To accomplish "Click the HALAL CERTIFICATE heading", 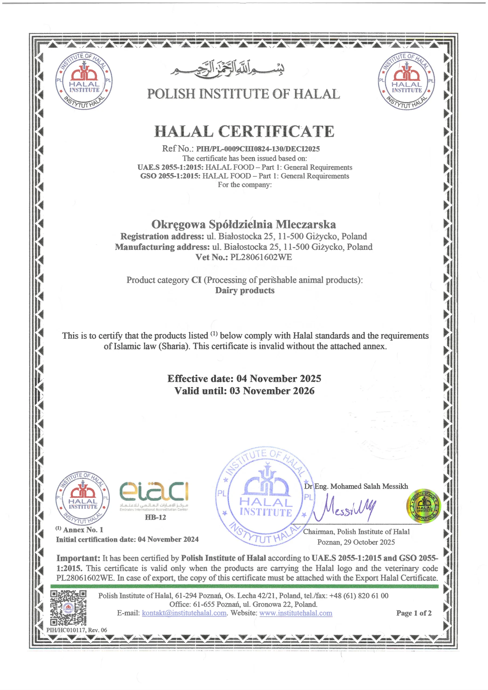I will pyautogui.click(x=244, y=132).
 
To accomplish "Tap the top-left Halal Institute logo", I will pyautogui.click(x=84, y=81).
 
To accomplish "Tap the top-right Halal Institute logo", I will pyautogui.click(x=406, y=81).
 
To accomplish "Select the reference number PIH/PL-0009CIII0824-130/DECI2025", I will pyautogui.click(x=258, y=149).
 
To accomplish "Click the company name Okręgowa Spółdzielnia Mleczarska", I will pyautogui.click(x=243, y=225).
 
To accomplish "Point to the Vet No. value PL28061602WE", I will pyautogui.click(x=261, y=257).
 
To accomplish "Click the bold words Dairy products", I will pyautogui.click(x=245, y=291).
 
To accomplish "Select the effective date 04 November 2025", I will pyautogui.click(x=279, y=379).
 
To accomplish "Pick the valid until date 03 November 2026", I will pyautogui.click(x=272, y=391).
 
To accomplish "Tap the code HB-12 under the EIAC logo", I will pyautogui.click(x=155, y=517).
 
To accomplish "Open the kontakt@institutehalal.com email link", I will pyautogui.click(x=184, y=613).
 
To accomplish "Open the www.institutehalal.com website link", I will pyautogui.click(x=295, y=613).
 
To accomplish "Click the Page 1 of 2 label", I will pyautogui.click(x=414, y=613).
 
